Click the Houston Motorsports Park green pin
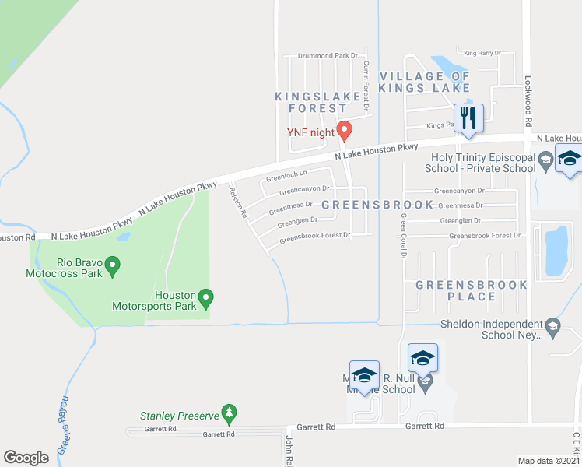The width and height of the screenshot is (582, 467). click(206, 297)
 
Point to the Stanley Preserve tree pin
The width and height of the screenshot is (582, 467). click(228, 412)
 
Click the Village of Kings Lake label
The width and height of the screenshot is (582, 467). click(425, 82)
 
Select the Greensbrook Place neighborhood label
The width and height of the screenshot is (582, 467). click(471, 290)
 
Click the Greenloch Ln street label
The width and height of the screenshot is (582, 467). click(286, 175)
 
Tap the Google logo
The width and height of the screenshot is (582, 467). click(26, 458)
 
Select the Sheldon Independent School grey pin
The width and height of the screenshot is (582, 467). click(552, 324)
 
